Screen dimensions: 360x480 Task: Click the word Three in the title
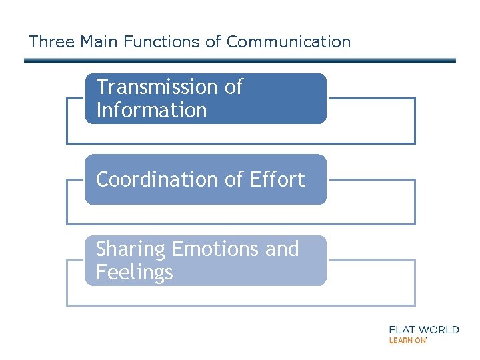[x=51, y=42]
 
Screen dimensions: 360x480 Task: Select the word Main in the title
[x=97, y=42]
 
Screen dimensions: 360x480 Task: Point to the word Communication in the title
[x=288, y=42]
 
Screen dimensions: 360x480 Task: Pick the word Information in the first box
[x=151, y=111]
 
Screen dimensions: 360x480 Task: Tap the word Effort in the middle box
[x=277, y=179]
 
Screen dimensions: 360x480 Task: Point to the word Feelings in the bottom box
[x=134, y=273]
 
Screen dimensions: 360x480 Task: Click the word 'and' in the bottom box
[x=282, y=249]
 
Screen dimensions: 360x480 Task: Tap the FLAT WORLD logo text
[x=424, y=329]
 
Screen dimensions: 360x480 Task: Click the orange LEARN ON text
[x=407, y=341]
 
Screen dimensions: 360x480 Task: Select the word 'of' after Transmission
[x=233, y=87]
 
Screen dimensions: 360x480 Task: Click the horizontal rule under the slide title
[x=240, y=61]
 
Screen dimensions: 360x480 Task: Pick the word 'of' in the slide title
[x=213, y=42]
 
